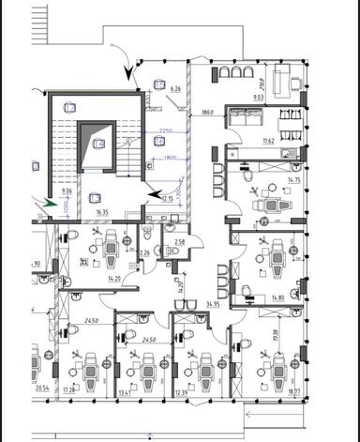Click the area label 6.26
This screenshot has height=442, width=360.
[174, 88]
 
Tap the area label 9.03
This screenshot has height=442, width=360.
[258, 96]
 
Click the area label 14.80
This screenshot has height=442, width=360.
[277, 297]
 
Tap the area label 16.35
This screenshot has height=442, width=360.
[100, 213]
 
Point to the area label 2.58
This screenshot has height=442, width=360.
[180, 242]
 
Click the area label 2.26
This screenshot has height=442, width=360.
[144, 252]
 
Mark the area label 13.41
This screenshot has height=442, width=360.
[126, 393]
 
